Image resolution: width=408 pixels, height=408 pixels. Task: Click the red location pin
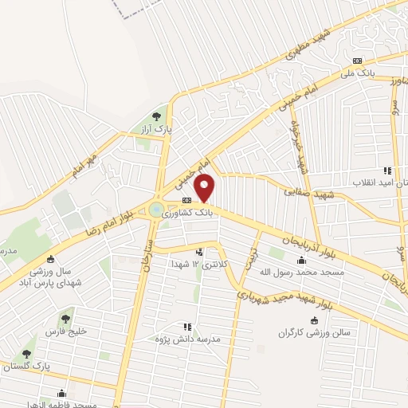pos(205,189)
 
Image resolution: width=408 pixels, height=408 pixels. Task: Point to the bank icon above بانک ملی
pos(356,61)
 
